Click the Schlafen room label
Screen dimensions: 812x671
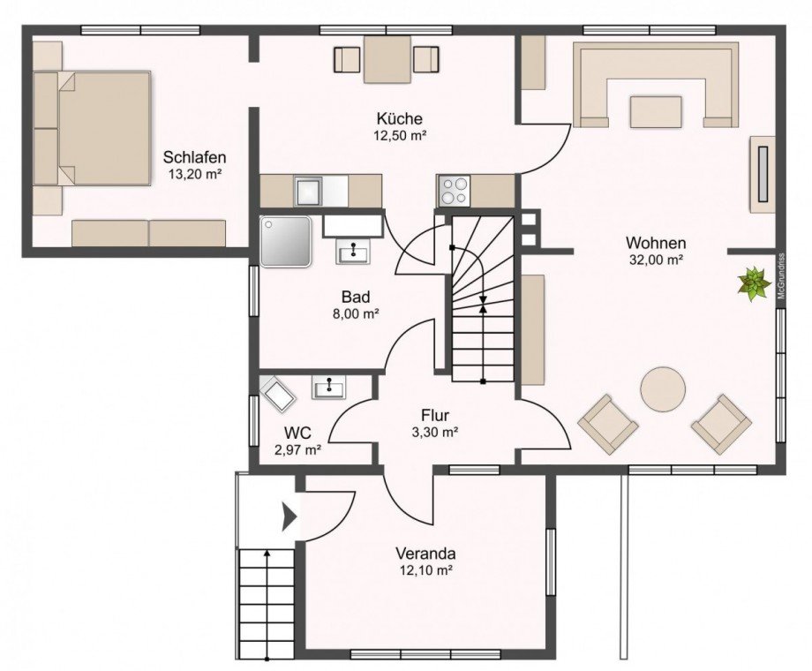point(194,156)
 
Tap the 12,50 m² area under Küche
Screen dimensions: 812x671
point(400,136)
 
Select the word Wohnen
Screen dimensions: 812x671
point(656,243)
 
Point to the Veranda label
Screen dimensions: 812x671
point(425,554)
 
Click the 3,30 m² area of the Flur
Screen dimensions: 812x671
point(434,432)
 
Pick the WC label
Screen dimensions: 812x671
point(297,432)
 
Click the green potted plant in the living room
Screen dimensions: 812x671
point(754,283)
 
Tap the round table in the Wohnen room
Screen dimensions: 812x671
point(663,389)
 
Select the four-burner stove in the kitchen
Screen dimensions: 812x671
point(455,192)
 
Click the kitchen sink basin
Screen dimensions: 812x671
point(309,191)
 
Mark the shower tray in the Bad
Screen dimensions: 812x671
point(286,241)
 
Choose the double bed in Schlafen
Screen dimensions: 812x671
point(92,128)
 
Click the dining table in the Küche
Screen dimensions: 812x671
point(387,59)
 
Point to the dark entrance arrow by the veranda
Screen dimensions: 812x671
point(289,516)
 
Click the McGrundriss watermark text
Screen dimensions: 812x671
point(781,275)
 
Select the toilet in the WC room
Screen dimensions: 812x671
point(277,394)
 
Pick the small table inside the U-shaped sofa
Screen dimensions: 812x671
point(656,111)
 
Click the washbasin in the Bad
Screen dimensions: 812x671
point(354,252)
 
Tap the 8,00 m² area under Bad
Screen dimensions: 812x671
point(356,313)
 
